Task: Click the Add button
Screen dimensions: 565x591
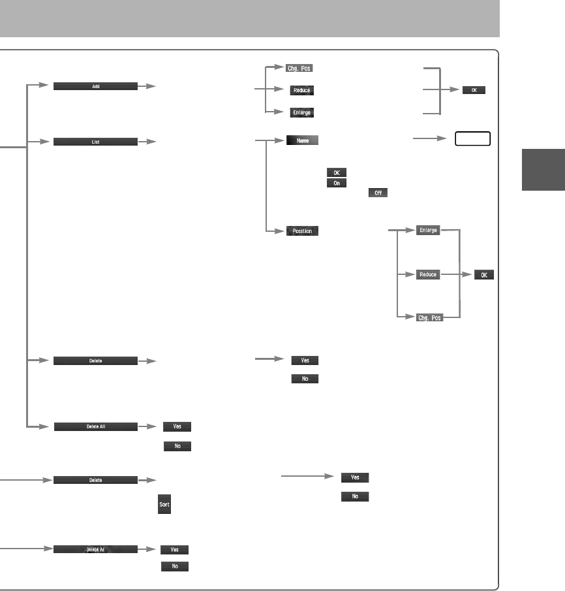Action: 95,86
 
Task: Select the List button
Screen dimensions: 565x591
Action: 95,140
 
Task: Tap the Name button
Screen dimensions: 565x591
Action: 302,140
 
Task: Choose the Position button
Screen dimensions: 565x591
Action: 302,231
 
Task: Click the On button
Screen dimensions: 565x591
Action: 336,183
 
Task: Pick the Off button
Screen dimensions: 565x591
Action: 378,193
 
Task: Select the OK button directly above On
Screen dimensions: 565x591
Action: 336,172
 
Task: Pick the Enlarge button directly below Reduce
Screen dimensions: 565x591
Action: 302,112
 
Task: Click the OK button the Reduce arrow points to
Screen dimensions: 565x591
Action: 484,275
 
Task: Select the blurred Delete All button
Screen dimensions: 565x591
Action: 95,550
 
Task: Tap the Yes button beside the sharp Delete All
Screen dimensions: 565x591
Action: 177,426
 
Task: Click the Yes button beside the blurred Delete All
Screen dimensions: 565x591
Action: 175,550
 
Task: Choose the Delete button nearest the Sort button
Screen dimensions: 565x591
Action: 95,480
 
